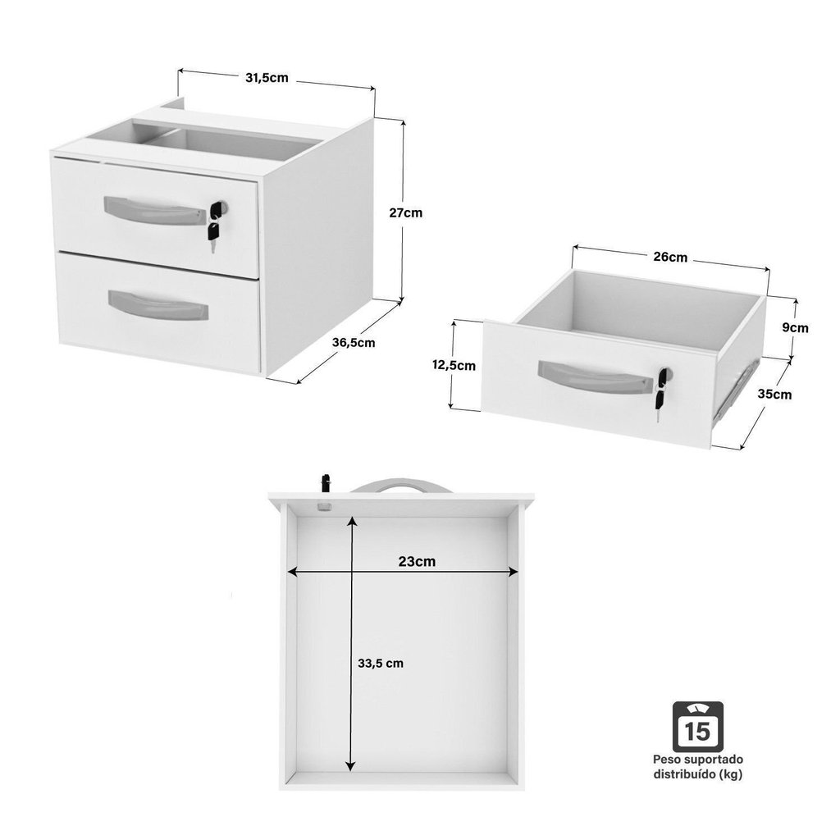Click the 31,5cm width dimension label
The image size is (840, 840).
click(267, 78)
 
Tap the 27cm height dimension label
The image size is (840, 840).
click(405, 212)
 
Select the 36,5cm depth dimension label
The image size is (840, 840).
click(354, 343)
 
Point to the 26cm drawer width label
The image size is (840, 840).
click(670, 257)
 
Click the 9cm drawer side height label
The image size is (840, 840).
click(795, 328)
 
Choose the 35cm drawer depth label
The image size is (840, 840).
click(774, 395)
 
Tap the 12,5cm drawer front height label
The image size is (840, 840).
click(454, 366)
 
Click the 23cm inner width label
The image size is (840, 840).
click(417, 561)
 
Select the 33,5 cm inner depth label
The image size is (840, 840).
click(381, 663)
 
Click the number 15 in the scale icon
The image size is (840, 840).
click(697, 732)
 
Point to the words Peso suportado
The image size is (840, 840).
click(697, 759)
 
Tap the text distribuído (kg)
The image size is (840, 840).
click(697, 774)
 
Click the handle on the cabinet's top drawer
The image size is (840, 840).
click(155, 212)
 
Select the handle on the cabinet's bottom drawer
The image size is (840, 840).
click(158, 306)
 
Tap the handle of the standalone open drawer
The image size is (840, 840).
click(594, 378)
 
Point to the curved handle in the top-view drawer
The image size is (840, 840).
click(400, 484)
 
